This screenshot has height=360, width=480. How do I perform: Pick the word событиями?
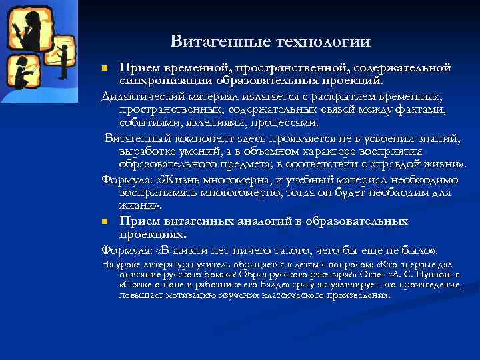click(x=146, y=123)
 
